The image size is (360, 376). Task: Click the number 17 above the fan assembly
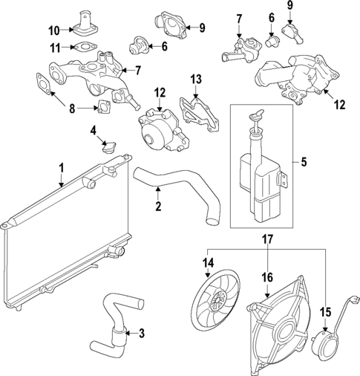pyautogui.click(x=268, y=240)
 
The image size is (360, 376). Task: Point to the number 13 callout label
pyautogui.click(x=196, y=79)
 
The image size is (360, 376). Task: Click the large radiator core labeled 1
pyautogui.click(x=59, y=238)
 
